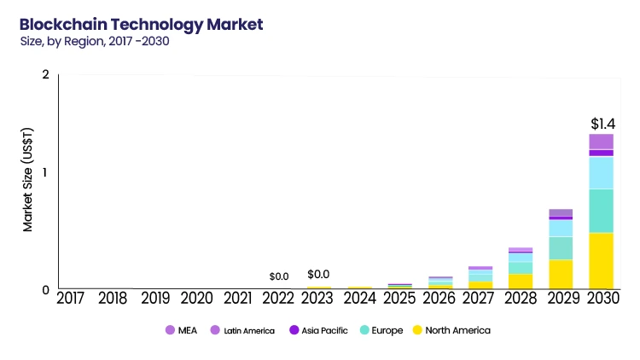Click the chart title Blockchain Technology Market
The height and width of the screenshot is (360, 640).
click(141, 23)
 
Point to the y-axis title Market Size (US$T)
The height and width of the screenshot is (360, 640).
click(27, 179)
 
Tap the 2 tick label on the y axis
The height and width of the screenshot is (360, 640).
click(45, 75)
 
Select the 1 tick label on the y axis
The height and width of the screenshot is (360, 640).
click(45, 173)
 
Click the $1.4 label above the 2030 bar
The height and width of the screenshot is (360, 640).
click(602, 124)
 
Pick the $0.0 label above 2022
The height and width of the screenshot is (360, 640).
click(279, 276)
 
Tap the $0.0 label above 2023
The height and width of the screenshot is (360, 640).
click(319, 275)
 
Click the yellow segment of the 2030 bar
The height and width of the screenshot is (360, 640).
click(601, 260)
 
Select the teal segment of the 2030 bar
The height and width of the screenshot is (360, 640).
click(601, 210)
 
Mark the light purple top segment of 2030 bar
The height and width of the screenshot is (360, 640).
click(601, 142)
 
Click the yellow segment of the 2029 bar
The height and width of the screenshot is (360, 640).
click(561, 274)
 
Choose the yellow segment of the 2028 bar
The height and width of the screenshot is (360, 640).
click(521, 281)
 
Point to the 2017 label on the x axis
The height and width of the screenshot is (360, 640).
click(72, 299)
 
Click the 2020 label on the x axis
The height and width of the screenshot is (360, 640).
click(198, 299)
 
